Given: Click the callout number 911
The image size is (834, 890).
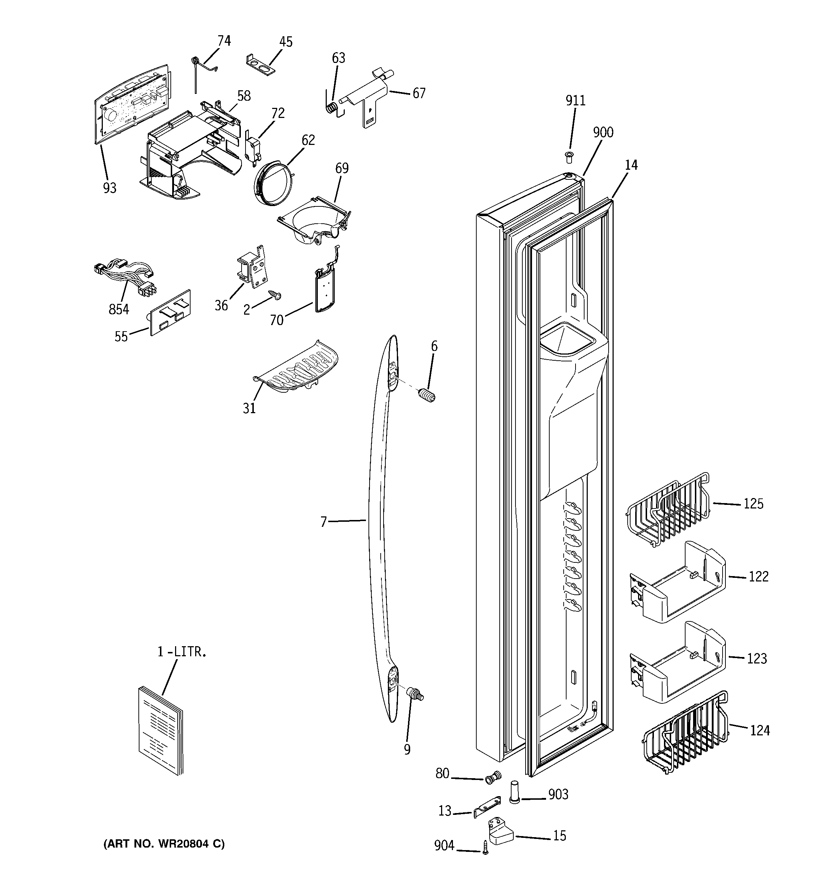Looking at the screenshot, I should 575,101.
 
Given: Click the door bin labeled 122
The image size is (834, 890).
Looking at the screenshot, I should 678,582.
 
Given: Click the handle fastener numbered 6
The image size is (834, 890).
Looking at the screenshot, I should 427,396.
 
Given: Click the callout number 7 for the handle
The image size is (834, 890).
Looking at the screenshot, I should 324,521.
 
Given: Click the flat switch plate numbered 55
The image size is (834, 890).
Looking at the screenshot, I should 170,312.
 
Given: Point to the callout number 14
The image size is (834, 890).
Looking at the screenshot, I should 631,165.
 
